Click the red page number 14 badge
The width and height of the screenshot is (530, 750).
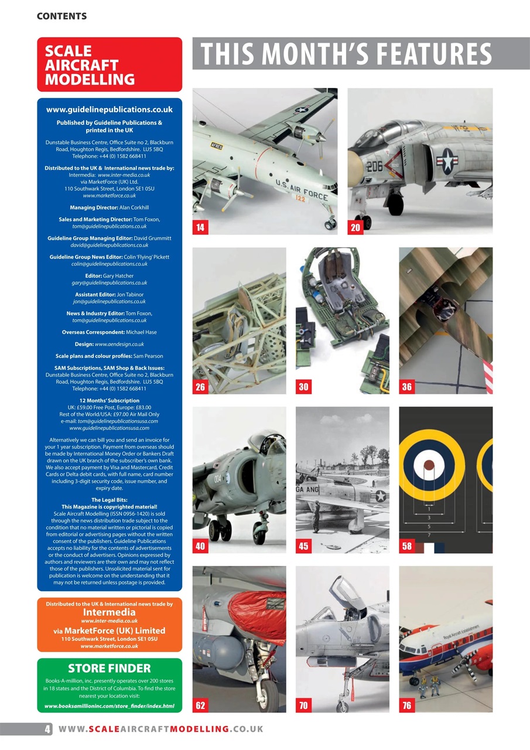tap(200, 228)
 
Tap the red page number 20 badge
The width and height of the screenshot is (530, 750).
tap(355, 228)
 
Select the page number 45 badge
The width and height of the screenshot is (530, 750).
tap(303, 546)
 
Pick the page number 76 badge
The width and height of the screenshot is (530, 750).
tap(406, 705)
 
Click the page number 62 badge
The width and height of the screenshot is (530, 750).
tap(200, 705)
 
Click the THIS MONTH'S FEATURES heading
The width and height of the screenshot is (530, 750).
tap(346, 54)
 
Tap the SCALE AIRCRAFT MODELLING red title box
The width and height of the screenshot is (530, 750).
tap(110, 65)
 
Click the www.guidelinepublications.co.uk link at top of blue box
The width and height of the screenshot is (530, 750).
tap(109, 110)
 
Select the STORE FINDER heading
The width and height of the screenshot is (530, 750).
tap(109, 669)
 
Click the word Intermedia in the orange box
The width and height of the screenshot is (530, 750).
tap(109, 612)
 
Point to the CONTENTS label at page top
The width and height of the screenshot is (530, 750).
tap(61, 16)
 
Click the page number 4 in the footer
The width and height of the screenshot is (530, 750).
tap(47, 729)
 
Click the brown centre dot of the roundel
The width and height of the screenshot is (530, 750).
tap(429, 466)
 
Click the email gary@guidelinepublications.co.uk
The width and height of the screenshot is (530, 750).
tap(109, 283)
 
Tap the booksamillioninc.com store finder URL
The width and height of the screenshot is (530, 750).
tap(109, 705)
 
